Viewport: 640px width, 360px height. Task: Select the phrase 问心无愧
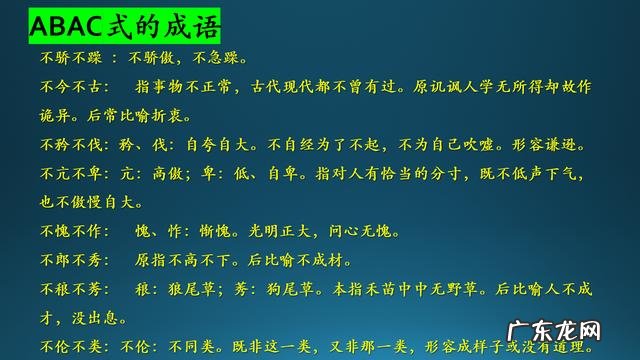pyautogui.click(x=359, y=231)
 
